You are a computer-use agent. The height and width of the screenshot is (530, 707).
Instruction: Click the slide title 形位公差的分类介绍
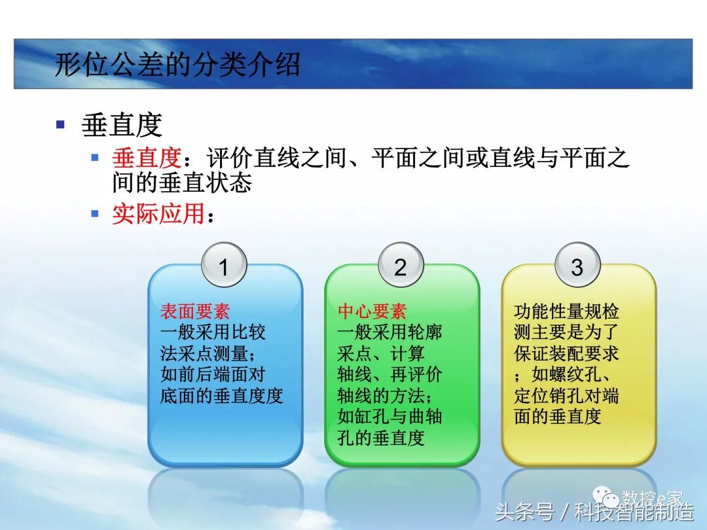point(177,65)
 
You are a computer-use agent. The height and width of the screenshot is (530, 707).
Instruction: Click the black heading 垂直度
point(122,124)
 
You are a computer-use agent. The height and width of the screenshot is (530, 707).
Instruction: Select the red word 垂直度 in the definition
point(146,158)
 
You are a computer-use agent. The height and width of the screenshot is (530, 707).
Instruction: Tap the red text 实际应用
point(158,214)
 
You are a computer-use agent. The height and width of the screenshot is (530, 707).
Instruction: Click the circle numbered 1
point(223,266)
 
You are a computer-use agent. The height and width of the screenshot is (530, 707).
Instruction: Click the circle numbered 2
point(400,266)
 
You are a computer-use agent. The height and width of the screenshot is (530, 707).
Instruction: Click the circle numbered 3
point(577,266)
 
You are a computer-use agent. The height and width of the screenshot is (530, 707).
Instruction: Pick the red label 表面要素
point(195,311)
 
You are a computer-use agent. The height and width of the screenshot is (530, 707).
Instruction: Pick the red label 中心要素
point(372,311)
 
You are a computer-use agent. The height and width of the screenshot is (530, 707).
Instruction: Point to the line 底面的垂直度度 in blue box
point(221,396)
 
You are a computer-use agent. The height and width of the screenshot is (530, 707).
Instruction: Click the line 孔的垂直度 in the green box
point(381,438)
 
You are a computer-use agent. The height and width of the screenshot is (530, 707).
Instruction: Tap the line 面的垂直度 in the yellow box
point(558,417)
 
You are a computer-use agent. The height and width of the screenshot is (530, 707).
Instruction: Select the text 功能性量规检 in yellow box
point(566,311)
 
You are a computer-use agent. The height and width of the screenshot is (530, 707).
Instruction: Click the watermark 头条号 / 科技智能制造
point(594,511)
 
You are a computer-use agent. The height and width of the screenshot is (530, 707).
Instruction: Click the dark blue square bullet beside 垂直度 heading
point(61,124)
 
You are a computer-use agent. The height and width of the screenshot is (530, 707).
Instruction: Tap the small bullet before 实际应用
point(95,213)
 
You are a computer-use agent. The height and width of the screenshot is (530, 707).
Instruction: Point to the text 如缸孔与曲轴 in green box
point(390,417)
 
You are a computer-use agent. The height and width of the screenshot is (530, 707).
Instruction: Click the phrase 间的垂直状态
point(181,183)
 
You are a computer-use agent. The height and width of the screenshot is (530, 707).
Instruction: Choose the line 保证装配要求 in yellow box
point(566,354)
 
